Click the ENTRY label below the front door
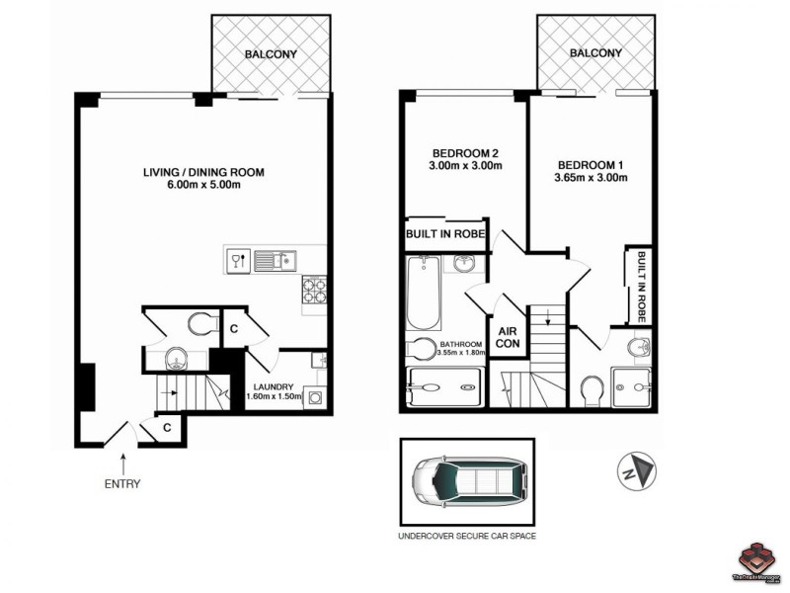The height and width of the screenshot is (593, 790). click(x=121, y=483)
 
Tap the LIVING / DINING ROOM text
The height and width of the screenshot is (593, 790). click(x=203, y=172)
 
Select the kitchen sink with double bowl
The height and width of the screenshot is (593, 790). click(x=276, y=261)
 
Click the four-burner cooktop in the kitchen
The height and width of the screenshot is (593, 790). click(x=314, y=289)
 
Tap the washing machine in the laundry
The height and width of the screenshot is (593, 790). click(x=316, y=398)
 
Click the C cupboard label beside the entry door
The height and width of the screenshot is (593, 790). click(x=169, y=428)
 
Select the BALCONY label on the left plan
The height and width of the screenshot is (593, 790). click(x=271, y=53)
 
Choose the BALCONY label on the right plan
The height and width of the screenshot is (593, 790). click(x=595, y=53)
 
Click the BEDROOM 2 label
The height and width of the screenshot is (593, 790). click(x=465, y=152)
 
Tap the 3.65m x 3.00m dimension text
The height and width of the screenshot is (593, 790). click(x=592, y=178)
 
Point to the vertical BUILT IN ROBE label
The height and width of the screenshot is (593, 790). click(x=641, y=287)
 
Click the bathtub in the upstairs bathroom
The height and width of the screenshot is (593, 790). click(x=423, y=294)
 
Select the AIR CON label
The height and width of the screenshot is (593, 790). click(x=509, y=338)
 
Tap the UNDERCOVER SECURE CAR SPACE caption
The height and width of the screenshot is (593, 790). click(x=466, y=539)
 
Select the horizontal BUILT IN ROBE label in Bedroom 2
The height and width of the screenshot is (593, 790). click(x=444, y=235)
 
